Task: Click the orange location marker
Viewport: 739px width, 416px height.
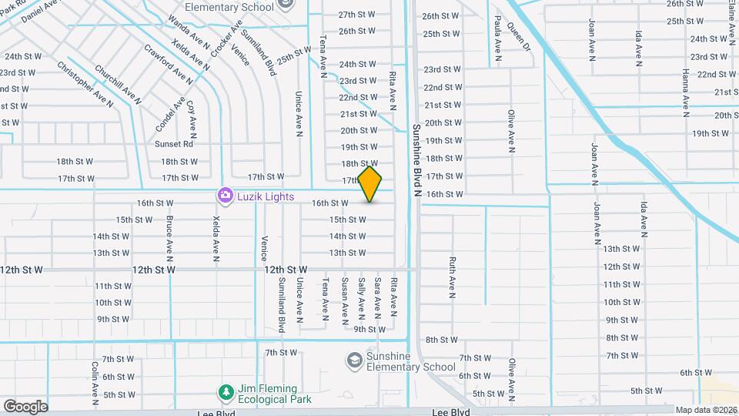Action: (x=370, y=183)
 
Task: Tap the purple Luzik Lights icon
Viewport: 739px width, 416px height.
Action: (x=225, y=196)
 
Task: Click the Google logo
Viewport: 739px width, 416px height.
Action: (x=25, y=406)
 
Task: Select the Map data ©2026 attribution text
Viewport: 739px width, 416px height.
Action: (x=706, y=410)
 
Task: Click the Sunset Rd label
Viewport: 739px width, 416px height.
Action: (x=174, y=144)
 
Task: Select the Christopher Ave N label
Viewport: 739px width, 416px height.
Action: (x=85, y=84)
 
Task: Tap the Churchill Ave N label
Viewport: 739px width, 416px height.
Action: (x=118, y=84)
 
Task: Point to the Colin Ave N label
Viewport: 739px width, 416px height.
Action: (x=95, y=383)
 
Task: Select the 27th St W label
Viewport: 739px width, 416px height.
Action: (x=356, y=15)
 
